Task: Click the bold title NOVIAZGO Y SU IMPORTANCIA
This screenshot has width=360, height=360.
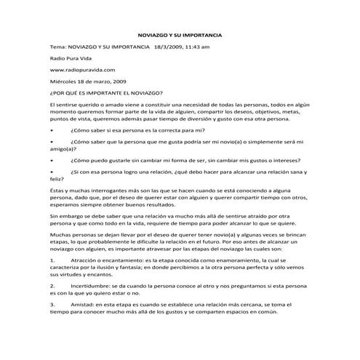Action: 180,35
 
